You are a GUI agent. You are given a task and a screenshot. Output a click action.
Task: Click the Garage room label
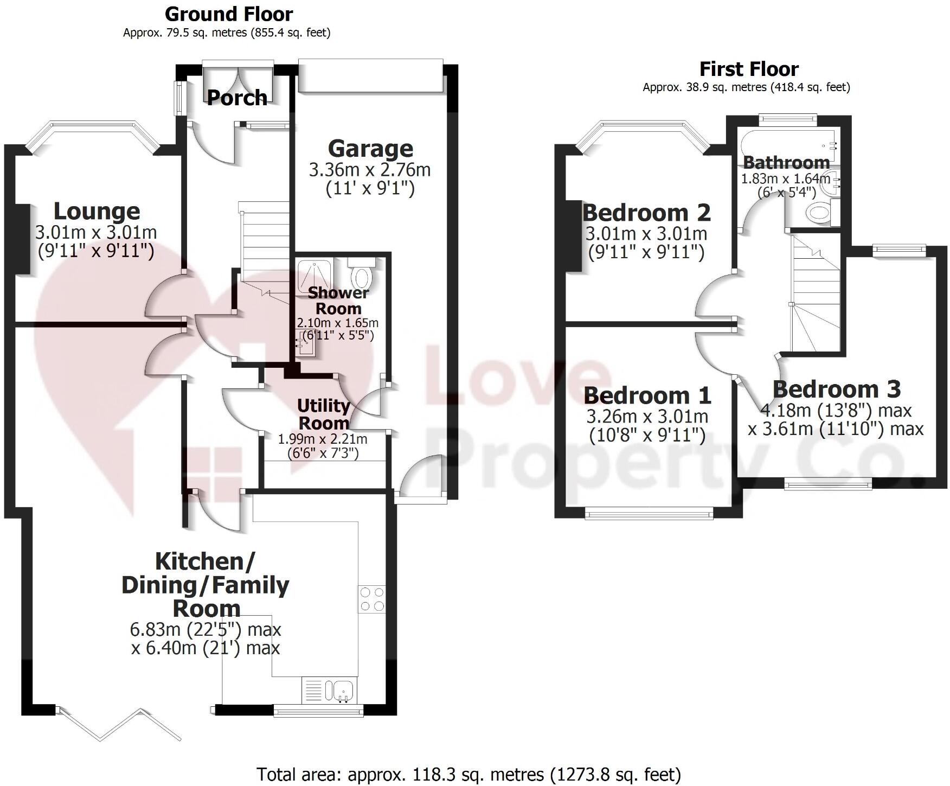pyautogui.click(x=370, y=149)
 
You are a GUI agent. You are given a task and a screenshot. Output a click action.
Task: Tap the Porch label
pyautogui.click(x=237, y=98)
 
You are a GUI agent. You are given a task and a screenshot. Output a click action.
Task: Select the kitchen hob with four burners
pyautogui.click(x=371, y=599)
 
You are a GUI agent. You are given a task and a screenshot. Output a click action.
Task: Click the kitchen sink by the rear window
pyautogui.click(x=343, y=691)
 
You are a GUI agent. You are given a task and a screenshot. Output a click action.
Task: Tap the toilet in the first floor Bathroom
pyautogui.click(x=819, y=212)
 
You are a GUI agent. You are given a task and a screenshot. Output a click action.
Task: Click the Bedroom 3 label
pyautogui.click(x=836, y=389)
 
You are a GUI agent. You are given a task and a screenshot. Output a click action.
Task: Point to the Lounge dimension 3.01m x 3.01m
pyautogui.click(x=96, y=233)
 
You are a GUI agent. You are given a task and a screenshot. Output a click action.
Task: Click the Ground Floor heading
pyautogui.click(x=228, y=14)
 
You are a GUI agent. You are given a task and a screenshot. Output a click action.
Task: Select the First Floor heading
pyautogui.click(x=748, y=69)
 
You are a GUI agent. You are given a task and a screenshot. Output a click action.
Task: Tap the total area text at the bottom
pyautogui.click(x=468, y=774)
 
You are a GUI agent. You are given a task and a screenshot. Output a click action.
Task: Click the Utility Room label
pyautogui.click(x=323, y=414)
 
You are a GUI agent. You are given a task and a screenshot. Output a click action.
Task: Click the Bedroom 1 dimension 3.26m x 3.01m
pyautogui.click(x=647, y=417)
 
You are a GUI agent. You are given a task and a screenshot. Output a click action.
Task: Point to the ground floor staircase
pyautogui.click(x=265, y=244)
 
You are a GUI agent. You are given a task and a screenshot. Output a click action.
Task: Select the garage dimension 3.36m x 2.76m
pyautogui.click(x=370, y=170)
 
